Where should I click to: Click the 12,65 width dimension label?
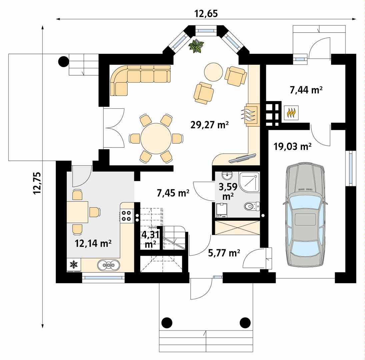tap(206, 14)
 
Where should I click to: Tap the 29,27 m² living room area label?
tap(209, 125)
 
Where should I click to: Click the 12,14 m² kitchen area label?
tap(93, 243)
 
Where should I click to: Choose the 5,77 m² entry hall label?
tap(224, 253)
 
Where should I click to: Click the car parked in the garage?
tap(305, 215)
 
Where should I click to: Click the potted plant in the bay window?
tap(196, 46)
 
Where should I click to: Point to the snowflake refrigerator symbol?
tap(74, 265)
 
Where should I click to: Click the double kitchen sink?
tap(109, 265)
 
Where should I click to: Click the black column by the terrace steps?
tap(63, 61)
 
